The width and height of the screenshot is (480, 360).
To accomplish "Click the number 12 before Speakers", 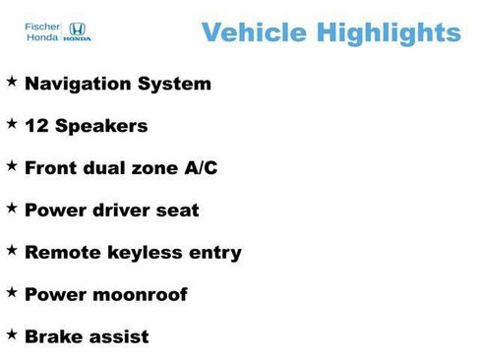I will click(x=36, y=127).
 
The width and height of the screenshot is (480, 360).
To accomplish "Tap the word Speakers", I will click(x=101, y=127).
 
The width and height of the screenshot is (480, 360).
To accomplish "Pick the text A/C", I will click(x=199, y=168).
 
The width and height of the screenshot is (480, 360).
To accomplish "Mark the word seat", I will click(x=181, y=210).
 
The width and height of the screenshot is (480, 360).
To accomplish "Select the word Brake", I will click(x=53, y=337).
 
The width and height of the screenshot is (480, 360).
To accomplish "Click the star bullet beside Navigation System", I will click(x=11, y=81).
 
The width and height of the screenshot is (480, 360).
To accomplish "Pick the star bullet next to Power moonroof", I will click(x=11, y=291).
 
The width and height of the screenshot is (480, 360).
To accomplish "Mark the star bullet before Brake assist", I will click(x=11, y=333).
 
